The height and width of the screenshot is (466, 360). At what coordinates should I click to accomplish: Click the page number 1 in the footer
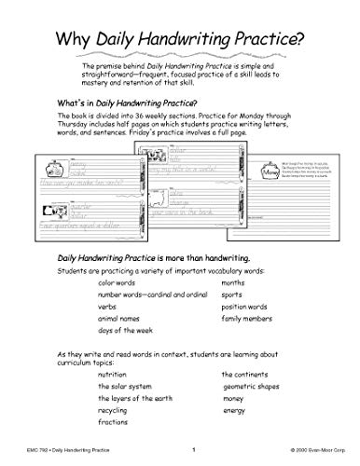point(192,451)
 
